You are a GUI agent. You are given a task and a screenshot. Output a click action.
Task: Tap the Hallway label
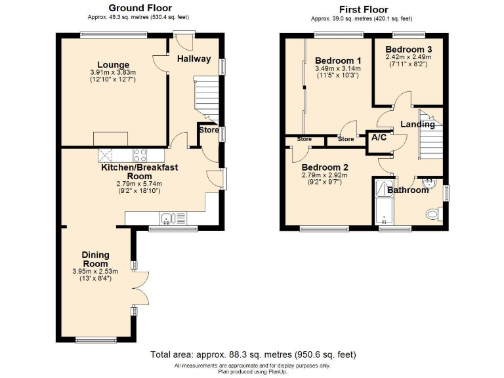tap(194, 59)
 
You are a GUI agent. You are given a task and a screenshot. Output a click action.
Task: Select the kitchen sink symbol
tap(173, 219)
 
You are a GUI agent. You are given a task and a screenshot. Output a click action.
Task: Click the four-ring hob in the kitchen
tap(140, 156)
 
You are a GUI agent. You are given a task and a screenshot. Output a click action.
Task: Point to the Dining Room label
tap(95, 259)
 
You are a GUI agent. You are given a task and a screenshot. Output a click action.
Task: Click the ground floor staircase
tap(206, 100)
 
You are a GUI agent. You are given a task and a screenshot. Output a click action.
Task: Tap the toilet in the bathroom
tap(434, 214)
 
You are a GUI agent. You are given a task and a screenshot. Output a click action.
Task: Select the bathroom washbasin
tap(429, 183)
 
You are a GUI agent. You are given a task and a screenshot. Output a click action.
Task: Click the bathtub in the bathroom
tap(385, 202)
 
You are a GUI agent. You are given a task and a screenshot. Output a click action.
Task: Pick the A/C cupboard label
tap(379, 138)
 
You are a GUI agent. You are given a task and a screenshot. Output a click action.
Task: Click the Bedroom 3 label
tap(409, 49)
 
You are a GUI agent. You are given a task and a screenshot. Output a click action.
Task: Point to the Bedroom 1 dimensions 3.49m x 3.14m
tap(338, 68)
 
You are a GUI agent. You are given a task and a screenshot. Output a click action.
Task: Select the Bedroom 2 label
tap(325, 167)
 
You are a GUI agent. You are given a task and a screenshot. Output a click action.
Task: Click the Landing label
tap(417, 125)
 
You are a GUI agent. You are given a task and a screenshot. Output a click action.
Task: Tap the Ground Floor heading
tap(140, 8)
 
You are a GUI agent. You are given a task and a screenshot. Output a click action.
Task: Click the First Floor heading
tap(364, 9)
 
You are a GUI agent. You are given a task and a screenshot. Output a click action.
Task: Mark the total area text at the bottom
tap(253, 354)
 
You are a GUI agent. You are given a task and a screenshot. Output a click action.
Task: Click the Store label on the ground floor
tap(209, 130)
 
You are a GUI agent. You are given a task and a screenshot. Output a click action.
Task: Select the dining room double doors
tap(140, 288)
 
